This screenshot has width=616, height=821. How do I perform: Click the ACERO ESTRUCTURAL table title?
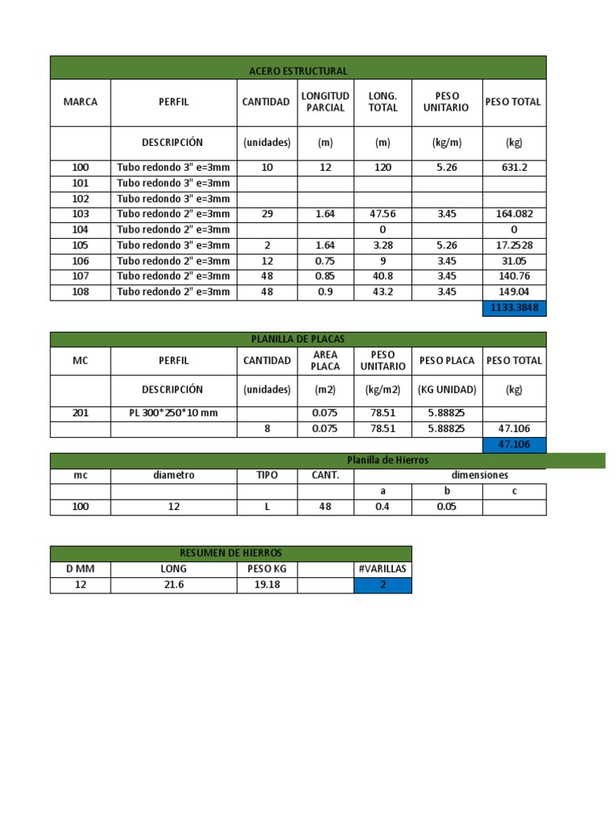(x=298, y=71)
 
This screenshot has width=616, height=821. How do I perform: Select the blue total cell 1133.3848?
(x=513, y=308)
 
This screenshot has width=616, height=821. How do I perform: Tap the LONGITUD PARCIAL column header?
(x=325, y=102)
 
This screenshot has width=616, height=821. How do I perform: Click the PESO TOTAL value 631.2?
(x=513, y=168)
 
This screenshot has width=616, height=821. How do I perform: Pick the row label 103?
(x=80, y=214)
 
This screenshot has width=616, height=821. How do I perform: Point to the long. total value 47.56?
(x=383, y=214)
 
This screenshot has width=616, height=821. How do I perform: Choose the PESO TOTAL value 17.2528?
(x=513, y=245)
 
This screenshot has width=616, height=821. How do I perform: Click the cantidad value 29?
(x=266, y=214)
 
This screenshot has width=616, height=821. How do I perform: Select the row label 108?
(x=80, y=292)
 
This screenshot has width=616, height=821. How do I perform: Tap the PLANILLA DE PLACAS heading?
(x=298, y=340)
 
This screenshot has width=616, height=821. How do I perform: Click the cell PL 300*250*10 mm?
(x=173, y=413)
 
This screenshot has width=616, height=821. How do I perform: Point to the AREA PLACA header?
(x=325, y=361)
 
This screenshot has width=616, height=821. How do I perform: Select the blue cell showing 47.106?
(x=513, y=444)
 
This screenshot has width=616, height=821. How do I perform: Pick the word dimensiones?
(x=480, y=475)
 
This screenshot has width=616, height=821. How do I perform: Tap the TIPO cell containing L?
(x=266, y=507)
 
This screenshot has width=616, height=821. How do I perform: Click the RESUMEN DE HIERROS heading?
(x=230, y=553)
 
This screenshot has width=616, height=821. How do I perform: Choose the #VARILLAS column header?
(x=383, y=568)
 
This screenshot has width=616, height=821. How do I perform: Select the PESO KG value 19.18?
(x=266, y=584)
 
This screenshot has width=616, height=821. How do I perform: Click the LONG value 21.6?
(x=173, y=584)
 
